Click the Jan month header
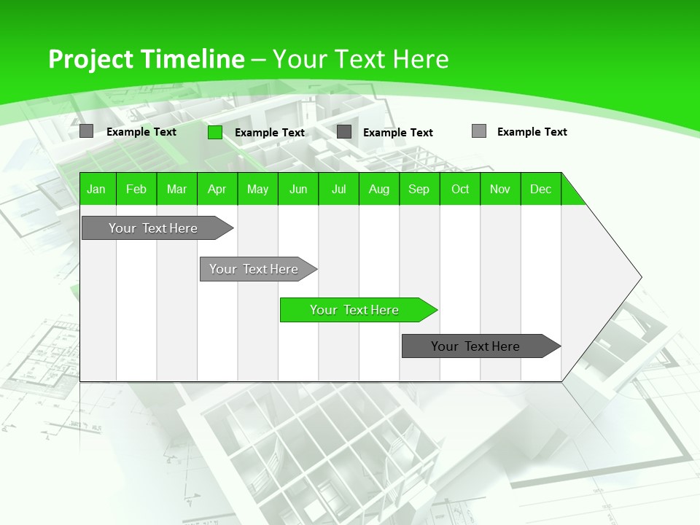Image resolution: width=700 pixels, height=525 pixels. tap(96, 189)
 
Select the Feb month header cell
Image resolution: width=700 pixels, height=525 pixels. tap(136, 189)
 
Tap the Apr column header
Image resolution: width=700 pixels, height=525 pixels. tap(217, 189)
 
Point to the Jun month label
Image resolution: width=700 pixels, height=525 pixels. tap(298, 189)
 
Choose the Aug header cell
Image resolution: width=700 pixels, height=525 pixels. tap(378, 189)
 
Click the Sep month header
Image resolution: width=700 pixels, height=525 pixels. tap(419, 189)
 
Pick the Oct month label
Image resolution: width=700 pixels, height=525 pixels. tap(460, 189)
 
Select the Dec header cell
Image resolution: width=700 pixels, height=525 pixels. tap(540, 189)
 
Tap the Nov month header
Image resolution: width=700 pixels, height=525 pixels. tap(500, 189)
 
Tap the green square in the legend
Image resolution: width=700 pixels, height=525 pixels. tap(214, 132)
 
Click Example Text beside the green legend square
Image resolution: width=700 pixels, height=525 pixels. tap(269, 133)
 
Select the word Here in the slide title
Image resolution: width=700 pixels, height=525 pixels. tap(421, 60)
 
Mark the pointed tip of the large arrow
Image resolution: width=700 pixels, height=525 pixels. tap(640, 277)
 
